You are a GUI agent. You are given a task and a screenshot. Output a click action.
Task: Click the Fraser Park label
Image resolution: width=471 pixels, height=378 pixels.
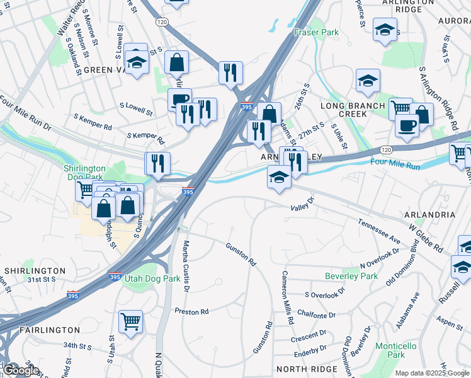pyautogui.click(x=316, y=32)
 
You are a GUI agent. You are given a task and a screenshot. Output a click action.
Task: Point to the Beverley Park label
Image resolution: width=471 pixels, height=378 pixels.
pyautogui.click(x=351, y=276)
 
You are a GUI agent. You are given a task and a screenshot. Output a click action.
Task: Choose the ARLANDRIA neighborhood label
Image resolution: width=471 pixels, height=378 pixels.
pyautogui.click(x=431, y=215)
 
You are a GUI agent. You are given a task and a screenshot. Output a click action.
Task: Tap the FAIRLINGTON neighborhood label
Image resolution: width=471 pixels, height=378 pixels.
pyautogui.click(x=50, y=329)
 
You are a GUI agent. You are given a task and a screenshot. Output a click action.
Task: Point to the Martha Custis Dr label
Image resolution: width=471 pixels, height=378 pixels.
pyautogui.click(x=186, y=265)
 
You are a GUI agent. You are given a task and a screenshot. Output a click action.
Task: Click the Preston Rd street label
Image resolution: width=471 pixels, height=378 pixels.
pyautogui.click(x=191, y=312)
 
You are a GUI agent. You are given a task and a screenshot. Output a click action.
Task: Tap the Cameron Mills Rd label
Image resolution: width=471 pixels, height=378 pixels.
pyautogui.click(x=287, y=297)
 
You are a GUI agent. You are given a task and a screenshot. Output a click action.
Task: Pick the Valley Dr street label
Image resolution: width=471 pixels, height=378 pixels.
pyautogui.click(x=302, y=208)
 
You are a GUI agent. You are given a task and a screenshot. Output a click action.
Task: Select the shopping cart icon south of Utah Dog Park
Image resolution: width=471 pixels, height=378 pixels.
pyautogui.click(x=130, y=321)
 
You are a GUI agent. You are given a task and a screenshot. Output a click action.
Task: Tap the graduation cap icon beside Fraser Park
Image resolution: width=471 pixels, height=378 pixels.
pyautogui.click(x=385, y=29)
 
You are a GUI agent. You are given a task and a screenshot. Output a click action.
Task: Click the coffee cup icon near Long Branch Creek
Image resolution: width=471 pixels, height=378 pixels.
pyautogui.click(x=407, y=125)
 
